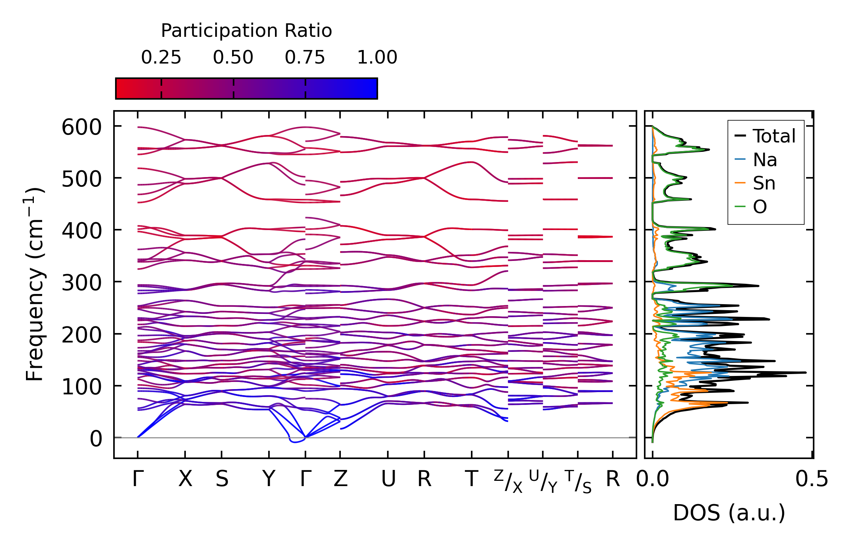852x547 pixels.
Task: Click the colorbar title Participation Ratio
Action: coord(246,31)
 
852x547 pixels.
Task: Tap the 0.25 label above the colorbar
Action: coord(161,58)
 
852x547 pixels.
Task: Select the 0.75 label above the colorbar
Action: coord(305,58)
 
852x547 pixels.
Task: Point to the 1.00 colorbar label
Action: coord(377,58)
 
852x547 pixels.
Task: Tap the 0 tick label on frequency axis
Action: coord(96,439)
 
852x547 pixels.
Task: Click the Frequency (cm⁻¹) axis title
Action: coord(35,284)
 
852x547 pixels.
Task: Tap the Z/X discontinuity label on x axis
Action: coord(508,481)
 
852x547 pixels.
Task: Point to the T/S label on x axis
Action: coord(579,481)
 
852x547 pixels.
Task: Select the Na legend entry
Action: coord(765,160)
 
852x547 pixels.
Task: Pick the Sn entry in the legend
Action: coord(764,183)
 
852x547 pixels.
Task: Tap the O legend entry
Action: coord(760,207)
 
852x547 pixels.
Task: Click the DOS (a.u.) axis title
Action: coord(729,513)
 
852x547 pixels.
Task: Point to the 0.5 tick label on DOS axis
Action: coord(812,479)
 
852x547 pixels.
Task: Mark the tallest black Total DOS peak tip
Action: coord(806,373)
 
